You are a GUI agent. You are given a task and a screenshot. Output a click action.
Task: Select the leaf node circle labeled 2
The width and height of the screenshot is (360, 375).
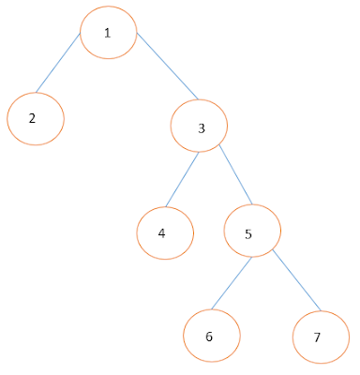click(36, 118)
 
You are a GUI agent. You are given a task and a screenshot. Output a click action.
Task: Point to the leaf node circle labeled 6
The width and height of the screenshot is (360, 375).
click(211, 334)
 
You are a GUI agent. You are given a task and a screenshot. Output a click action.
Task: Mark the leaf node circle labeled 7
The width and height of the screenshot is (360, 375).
click(322, 335)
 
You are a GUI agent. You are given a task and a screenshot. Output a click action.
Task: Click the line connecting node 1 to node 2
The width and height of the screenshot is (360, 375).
click(58, 64)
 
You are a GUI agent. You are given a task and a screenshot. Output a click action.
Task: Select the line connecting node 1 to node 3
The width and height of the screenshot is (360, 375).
click(167, 67)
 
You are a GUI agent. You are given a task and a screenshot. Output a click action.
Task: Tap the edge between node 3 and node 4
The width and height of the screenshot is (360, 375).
click(183, 178)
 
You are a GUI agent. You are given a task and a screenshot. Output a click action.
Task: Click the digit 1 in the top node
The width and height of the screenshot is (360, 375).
click(108, 33)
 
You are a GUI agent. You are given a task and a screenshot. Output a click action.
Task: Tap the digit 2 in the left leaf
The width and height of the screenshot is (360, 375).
click(32, 119)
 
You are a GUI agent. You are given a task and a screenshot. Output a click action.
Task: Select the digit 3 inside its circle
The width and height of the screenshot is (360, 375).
click(202, 127)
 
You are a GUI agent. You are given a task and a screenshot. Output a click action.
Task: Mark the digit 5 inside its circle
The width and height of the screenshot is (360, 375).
click(248, 233)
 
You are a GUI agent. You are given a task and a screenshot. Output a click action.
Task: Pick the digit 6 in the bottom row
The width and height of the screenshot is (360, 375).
click(208, 336)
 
